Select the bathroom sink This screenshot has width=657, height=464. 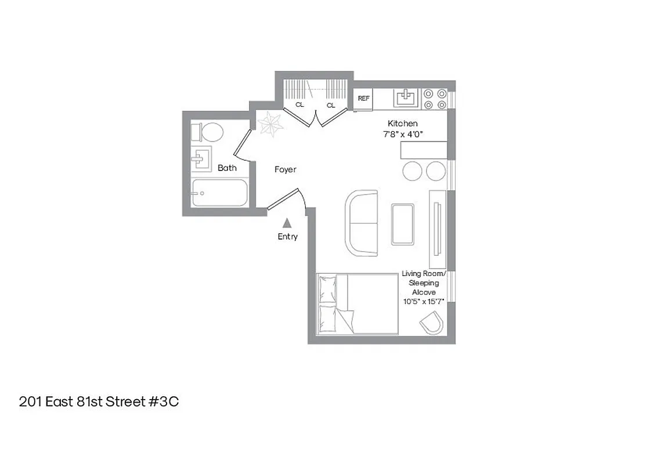202,158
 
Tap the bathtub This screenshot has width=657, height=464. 219,193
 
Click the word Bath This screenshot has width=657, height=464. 227,168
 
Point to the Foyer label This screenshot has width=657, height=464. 285,169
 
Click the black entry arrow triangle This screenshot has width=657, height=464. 287,223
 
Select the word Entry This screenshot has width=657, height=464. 287,237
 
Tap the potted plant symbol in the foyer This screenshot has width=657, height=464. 270,123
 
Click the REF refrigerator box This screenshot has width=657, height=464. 363,99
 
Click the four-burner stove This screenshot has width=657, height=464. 434,99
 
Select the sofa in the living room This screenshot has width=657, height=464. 361,223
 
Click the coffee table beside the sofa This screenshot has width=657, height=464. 403,224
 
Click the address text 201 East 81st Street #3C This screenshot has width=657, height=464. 99,402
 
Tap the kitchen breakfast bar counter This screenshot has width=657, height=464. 424,150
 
